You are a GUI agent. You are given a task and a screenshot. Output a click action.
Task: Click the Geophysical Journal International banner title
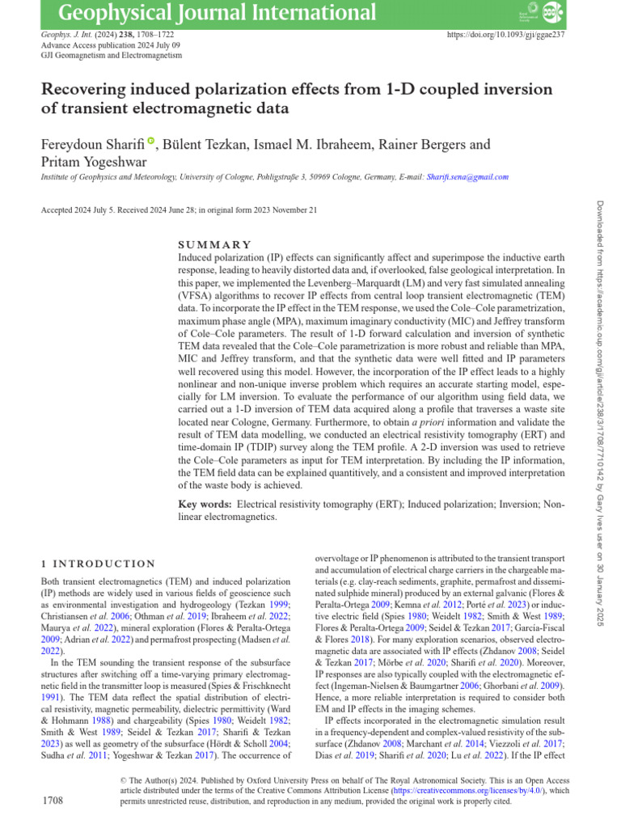218,14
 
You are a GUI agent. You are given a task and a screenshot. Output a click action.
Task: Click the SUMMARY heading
214,244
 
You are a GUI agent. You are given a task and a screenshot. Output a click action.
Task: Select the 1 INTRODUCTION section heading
98,564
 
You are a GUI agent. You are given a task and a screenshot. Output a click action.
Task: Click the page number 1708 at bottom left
53,801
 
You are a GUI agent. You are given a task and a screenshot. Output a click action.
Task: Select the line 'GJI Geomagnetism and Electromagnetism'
111,56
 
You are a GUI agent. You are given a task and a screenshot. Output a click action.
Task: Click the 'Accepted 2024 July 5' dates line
178,210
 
